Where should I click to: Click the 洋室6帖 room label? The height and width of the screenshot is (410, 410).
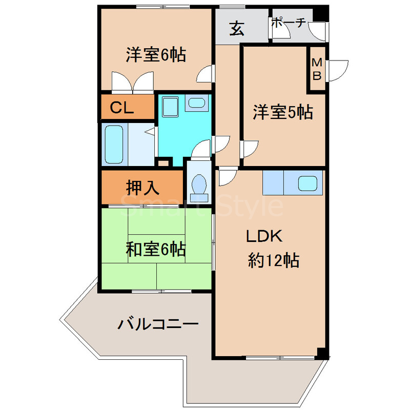click(x=156, y=54)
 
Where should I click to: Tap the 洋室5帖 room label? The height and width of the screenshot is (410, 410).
click(x=282, y=112)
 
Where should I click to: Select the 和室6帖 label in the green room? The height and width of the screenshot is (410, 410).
click(x=156, y=250)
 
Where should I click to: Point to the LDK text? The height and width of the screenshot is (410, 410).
click(x=264, y=236)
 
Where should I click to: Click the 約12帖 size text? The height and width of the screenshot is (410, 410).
click(x=274, y=261)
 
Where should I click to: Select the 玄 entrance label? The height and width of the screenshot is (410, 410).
click(x=236, y=29)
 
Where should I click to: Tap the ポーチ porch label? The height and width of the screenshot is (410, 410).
click(x=288, y=22)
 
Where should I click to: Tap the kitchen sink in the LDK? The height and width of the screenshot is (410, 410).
click(x=308, y=182)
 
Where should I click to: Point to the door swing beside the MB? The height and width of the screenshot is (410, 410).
click(x=336, y=71)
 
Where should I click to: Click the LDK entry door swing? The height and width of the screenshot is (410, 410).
click(x=226, y=177)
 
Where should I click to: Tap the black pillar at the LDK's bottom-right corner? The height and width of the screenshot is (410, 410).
click(x=321, y=353)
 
